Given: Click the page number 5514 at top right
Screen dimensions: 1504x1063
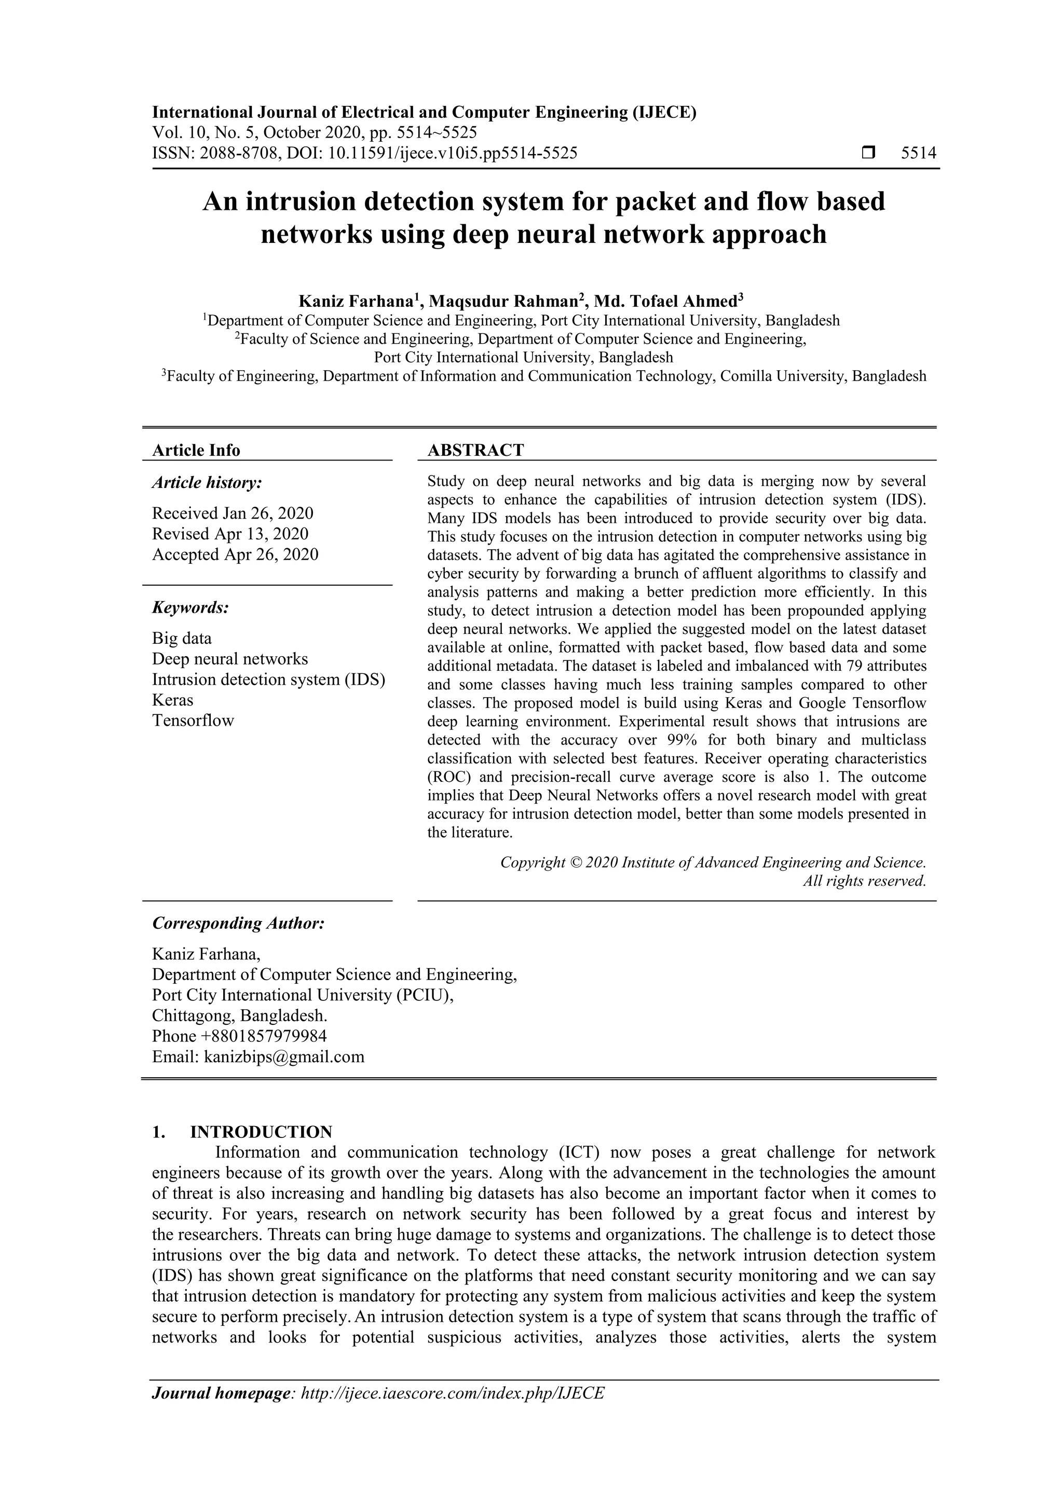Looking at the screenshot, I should (918, 153).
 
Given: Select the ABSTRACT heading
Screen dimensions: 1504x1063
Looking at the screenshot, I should (475, 450).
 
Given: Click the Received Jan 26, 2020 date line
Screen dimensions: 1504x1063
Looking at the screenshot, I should (233, 513).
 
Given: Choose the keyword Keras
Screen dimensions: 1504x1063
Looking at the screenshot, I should (172, 700).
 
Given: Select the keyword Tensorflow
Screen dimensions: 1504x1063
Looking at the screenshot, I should (193, 721).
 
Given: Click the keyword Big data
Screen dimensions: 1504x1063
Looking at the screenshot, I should (182, 638).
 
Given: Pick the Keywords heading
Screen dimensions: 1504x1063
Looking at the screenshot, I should (190, 607).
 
